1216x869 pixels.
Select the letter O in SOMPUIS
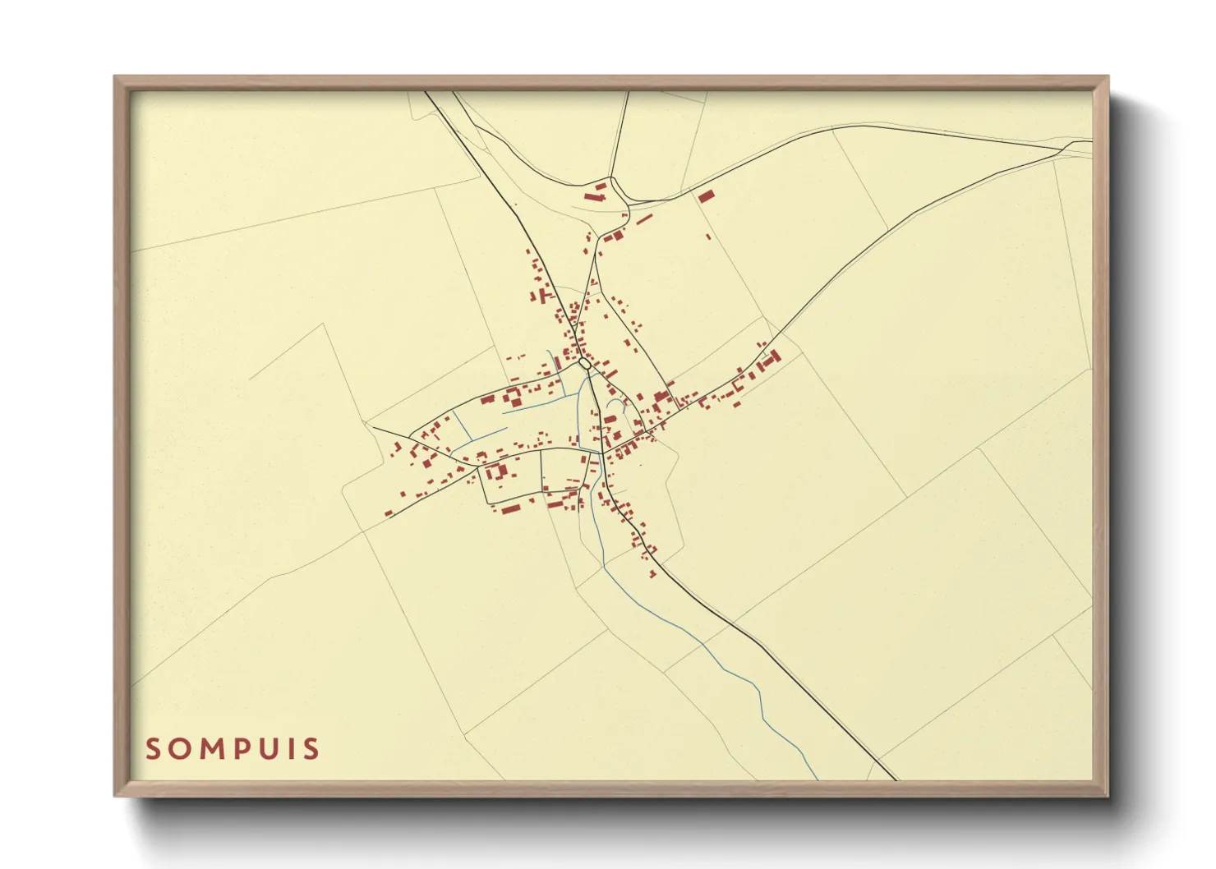[x=176, y=749]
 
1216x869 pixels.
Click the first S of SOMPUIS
[x=152, y=749]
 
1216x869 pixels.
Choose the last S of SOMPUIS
[x=311, y=749]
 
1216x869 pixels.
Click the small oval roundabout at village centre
[x=583, y=361]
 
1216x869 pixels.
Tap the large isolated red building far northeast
[x=706, y=195]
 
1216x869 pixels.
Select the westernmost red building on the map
[x=389, y=514]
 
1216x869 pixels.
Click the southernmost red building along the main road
[x=653, y=574]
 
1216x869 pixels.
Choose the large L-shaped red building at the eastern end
[x=770, y=358]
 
